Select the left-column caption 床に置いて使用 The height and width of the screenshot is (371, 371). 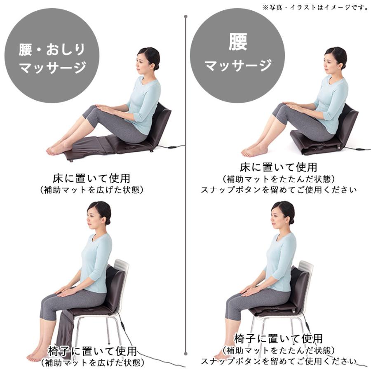(x=92, y=178)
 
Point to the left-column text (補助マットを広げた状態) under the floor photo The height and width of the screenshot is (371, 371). (x=92, y=190)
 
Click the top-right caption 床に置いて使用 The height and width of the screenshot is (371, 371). (x=278, y=167)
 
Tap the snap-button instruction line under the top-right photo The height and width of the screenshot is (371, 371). (x=278, y=190)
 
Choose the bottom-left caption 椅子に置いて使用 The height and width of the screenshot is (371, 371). (x=92, y=351)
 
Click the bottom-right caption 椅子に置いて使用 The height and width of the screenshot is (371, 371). (x=278, y=339)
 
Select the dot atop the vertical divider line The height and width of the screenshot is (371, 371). (x=186, y=17)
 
